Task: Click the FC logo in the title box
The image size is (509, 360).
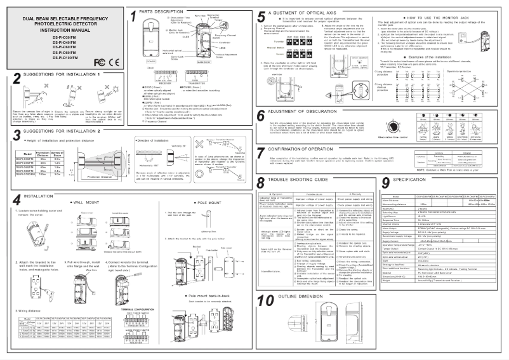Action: pos(98,81)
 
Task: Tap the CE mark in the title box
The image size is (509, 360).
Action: pos(111,81)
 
